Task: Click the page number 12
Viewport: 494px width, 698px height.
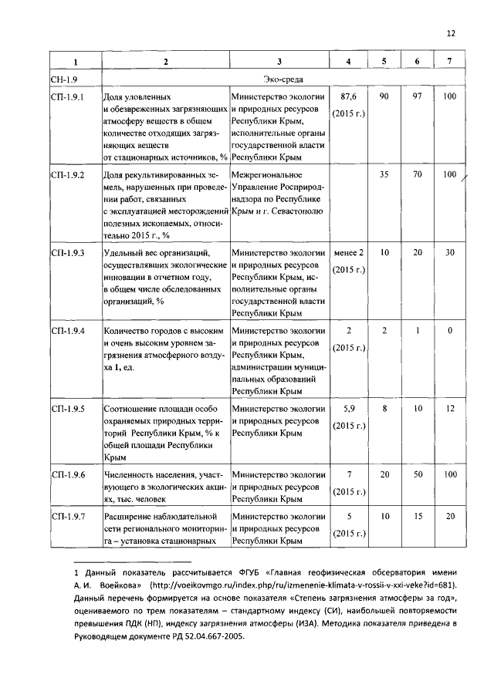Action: click(452, 34)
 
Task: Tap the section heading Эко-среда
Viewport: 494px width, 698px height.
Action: click(283, 79)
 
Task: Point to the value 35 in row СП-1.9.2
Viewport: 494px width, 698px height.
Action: click(384, 174)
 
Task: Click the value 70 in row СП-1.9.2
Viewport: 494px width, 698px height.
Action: click(418, 174)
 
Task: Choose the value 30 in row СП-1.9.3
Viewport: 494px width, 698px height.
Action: click(451, 253)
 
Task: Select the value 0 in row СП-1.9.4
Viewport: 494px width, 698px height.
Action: click(451, 330)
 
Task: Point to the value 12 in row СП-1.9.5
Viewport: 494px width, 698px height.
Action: click(451, 408)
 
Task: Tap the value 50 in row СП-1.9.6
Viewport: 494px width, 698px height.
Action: click(418, 474)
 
